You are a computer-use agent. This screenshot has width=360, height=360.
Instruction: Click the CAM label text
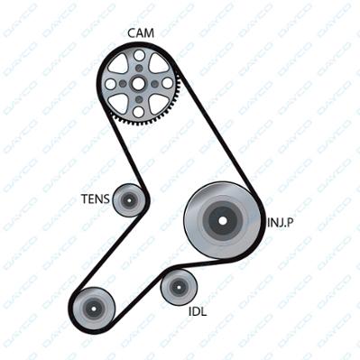(141, 33)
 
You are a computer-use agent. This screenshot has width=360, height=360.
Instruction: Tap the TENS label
(96, 198)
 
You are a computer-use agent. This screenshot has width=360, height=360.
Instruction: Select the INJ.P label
(281, 223)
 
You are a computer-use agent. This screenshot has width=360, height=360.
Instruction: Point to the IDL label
(198, 311)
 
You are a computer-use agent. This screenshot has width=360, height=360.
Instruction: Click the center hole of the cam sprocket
(138, 84)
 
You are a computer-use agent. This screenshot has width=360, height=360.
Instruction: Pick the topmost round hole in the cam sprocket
(139, 55)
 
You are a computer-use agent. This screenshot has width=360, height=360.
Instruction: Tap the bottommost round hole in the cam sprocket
(139, 112)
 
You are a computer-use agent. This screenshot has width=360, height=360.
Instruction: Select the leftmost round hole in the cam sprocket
(110, 84)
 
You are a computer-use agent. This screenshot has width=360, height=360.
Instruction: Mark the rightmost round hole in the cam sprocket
(167, 84)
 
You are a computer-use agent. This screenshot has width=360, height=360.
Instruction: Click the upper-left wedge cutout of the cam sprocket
(119, 64)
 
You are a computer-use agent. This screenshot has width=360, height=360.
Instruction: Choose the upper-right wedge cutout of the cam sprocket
(159, 64)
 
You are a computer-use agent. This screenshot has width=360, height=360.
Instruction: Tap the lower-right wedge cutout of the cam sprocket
(158, 104)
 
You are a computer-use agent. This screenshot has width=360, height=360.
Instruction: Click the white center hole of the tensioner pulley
(129, 199)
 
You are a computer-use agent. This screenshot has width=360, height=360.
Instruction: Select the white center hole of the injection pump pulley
(223, 220)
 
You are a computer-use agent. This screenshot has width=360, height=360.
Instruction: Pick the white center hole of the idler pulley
(179, 287)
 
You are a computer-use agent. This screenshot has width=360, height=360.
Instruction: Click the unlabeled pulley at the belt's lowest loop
(93, 309)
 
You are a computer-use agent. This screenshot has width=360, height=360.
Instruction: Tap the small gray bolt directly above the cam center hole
(139, 69)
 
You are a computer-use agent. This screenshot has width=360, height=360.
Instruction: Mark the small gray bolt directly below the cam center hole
(139, 99)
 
